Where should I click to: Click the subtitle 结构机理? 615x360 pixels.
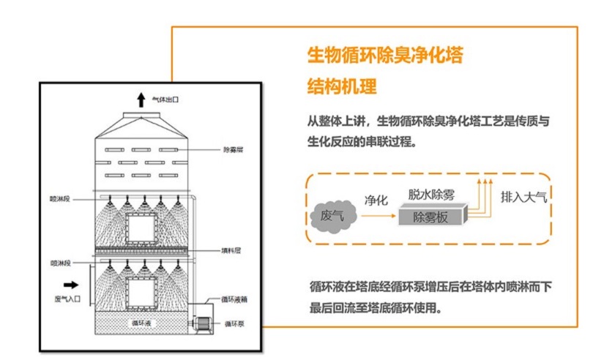[342, 86]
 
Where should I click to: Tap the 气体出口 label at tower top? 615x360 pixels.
[165, 100]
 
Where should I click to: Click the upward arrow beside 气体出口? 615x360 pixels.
[141, 100]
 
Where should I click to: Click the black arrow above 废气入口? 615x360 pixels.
[71, 283]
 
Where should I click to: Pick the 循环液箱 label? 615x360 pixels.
[236, 299]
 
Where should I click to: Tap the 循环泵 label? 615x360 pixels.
[234, 323]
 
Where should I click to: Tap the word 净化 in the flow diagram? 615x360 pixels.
[376, 200]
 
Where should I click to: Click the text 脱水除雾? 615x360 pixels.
[431, 195]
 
